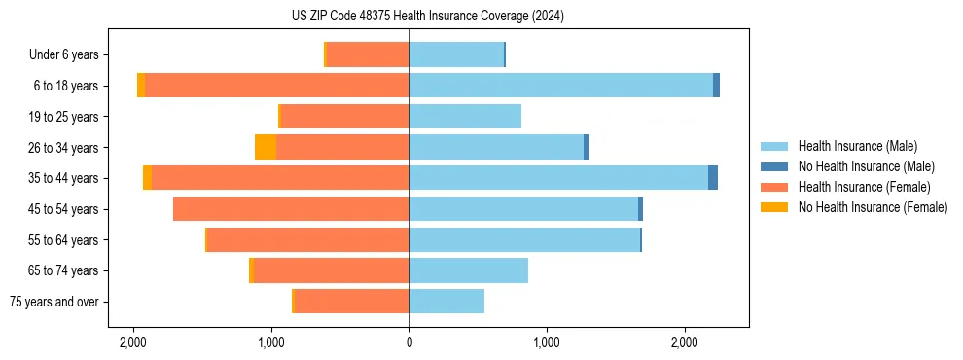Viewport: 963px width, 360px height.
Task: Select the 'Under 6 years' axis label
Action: point(69,54)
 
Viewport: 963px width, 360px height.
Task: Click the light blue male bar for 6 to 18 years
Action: point(560,86)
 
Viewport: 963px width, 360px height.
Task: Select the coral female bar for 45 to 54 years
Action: point(291,209)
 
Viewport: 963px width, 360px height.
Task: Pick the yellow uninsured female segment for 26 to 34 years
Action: point(266,147)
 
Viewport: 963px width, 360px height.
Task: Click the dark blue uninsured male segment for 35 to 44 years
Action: point(713,178)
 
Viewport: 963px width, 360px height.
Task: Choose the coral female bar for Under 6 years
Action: point(368,54)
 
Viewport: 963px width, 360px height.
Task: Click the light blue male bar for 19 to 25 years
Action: point(465,117)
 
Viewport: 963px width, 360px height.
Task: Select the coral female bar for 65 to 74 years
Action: point(331,270)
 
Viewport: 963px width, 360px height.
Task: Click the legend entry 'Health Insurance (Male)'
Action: point(857,146)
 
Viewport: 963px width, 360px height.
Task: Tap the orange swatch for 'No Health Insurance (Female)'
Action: point(774,207)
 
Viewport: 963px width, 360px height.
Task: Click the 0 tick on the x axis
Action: point(409,342)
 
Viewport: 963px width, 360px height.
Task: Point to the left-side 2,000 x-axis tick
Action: point(133,342)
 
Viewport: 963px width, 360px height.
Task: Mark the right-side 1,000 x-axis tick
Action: point(547,342)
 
